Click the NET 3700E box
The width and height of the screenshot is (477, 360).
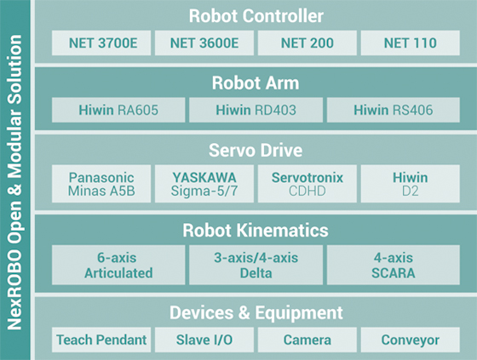tap(101, 43)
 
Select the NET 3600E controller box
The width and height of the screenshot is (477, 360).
tap(204, 43)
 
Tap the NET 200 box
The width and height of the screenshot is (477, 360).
tap(307, 43)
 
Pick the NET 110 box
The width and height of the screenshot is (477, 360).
tap(410, 43)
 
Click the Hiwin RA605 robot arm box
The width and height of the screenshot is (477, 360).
tap(118, 109)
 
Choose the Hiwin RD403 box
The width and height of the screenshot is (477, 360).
tap(256, 109)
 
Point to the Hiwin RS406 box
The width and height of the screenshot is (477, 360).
tap(393, 109)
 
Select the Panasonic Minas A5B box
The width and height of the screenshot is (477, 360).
tap(101, 185)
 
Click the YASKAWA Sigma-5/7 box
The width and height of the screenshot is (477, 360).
tap(204, 185)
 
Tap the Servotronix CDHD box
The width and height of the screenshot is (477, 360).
tap(307, 185)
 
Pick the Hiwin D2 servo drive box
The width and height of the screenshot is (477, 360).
tap(410, 185)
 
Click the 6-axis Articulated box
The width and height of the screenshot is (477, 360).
tap(118, 265)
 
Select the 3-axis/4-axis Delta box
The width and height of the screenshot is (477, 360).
tap(256, 265)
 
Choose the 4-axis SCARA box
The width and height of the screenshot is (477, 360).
tap(393, 265)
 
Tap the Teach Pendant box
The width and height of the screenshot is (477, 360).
tap(101, 340)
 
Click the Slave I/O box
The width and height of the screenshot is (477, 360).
tap(204, 340)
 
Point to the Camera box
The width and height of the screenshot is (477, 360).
tap(307, 340)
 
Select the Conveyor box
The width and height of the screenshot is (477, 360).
tap(410, 340)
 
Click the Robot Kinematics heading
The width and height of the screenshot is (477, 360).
tap(256, 230)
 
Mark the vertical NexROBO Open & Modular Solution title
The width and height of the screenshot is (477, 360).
tap(14, 180)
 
